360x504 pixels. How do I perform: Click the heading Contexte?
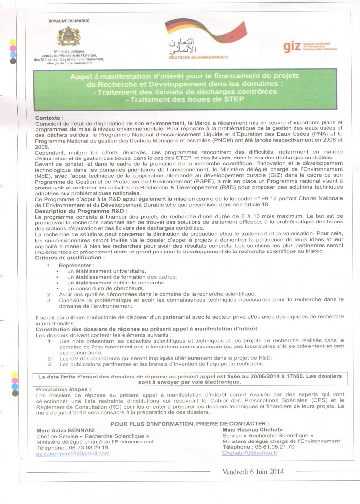click(x=49, y=119)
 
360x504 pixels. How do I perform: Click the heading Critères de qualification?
click(x=70, y=257)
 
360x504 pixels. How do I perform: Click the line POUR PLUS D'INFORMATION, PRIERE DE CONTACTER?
click(x=190, y=423)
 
